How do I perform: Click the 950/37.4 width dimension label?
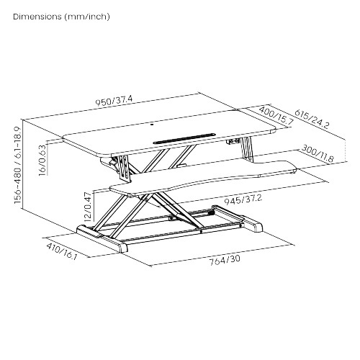pos(114,101)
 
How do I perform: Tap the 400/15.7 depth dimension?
pos(276,115)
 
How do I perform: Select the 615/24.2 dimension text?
pos(312,119)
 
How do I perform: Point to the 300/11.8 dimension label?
pos(318,153)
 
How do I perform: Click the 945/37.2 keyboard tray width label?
pos(243,199)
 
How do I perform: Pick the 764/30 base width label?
pos(225,260)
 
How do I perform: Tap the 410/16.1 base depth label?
pos(62,251)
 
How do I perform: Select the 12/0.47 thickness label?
pos(88,207)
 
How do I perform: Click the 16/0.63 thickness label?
pos(42,160)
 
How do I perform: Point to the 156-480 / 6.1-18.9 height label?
pos(18,165)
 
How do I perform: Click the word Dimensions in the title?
pos(37,17)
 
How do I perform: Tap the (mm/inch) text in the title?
pos(87,17)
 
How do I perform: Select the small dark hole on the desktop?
pos(152,124)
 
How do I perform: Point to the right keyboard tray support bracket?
pos(247,149)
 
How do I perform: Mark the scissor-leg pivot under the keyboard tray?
pos(146,198)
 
